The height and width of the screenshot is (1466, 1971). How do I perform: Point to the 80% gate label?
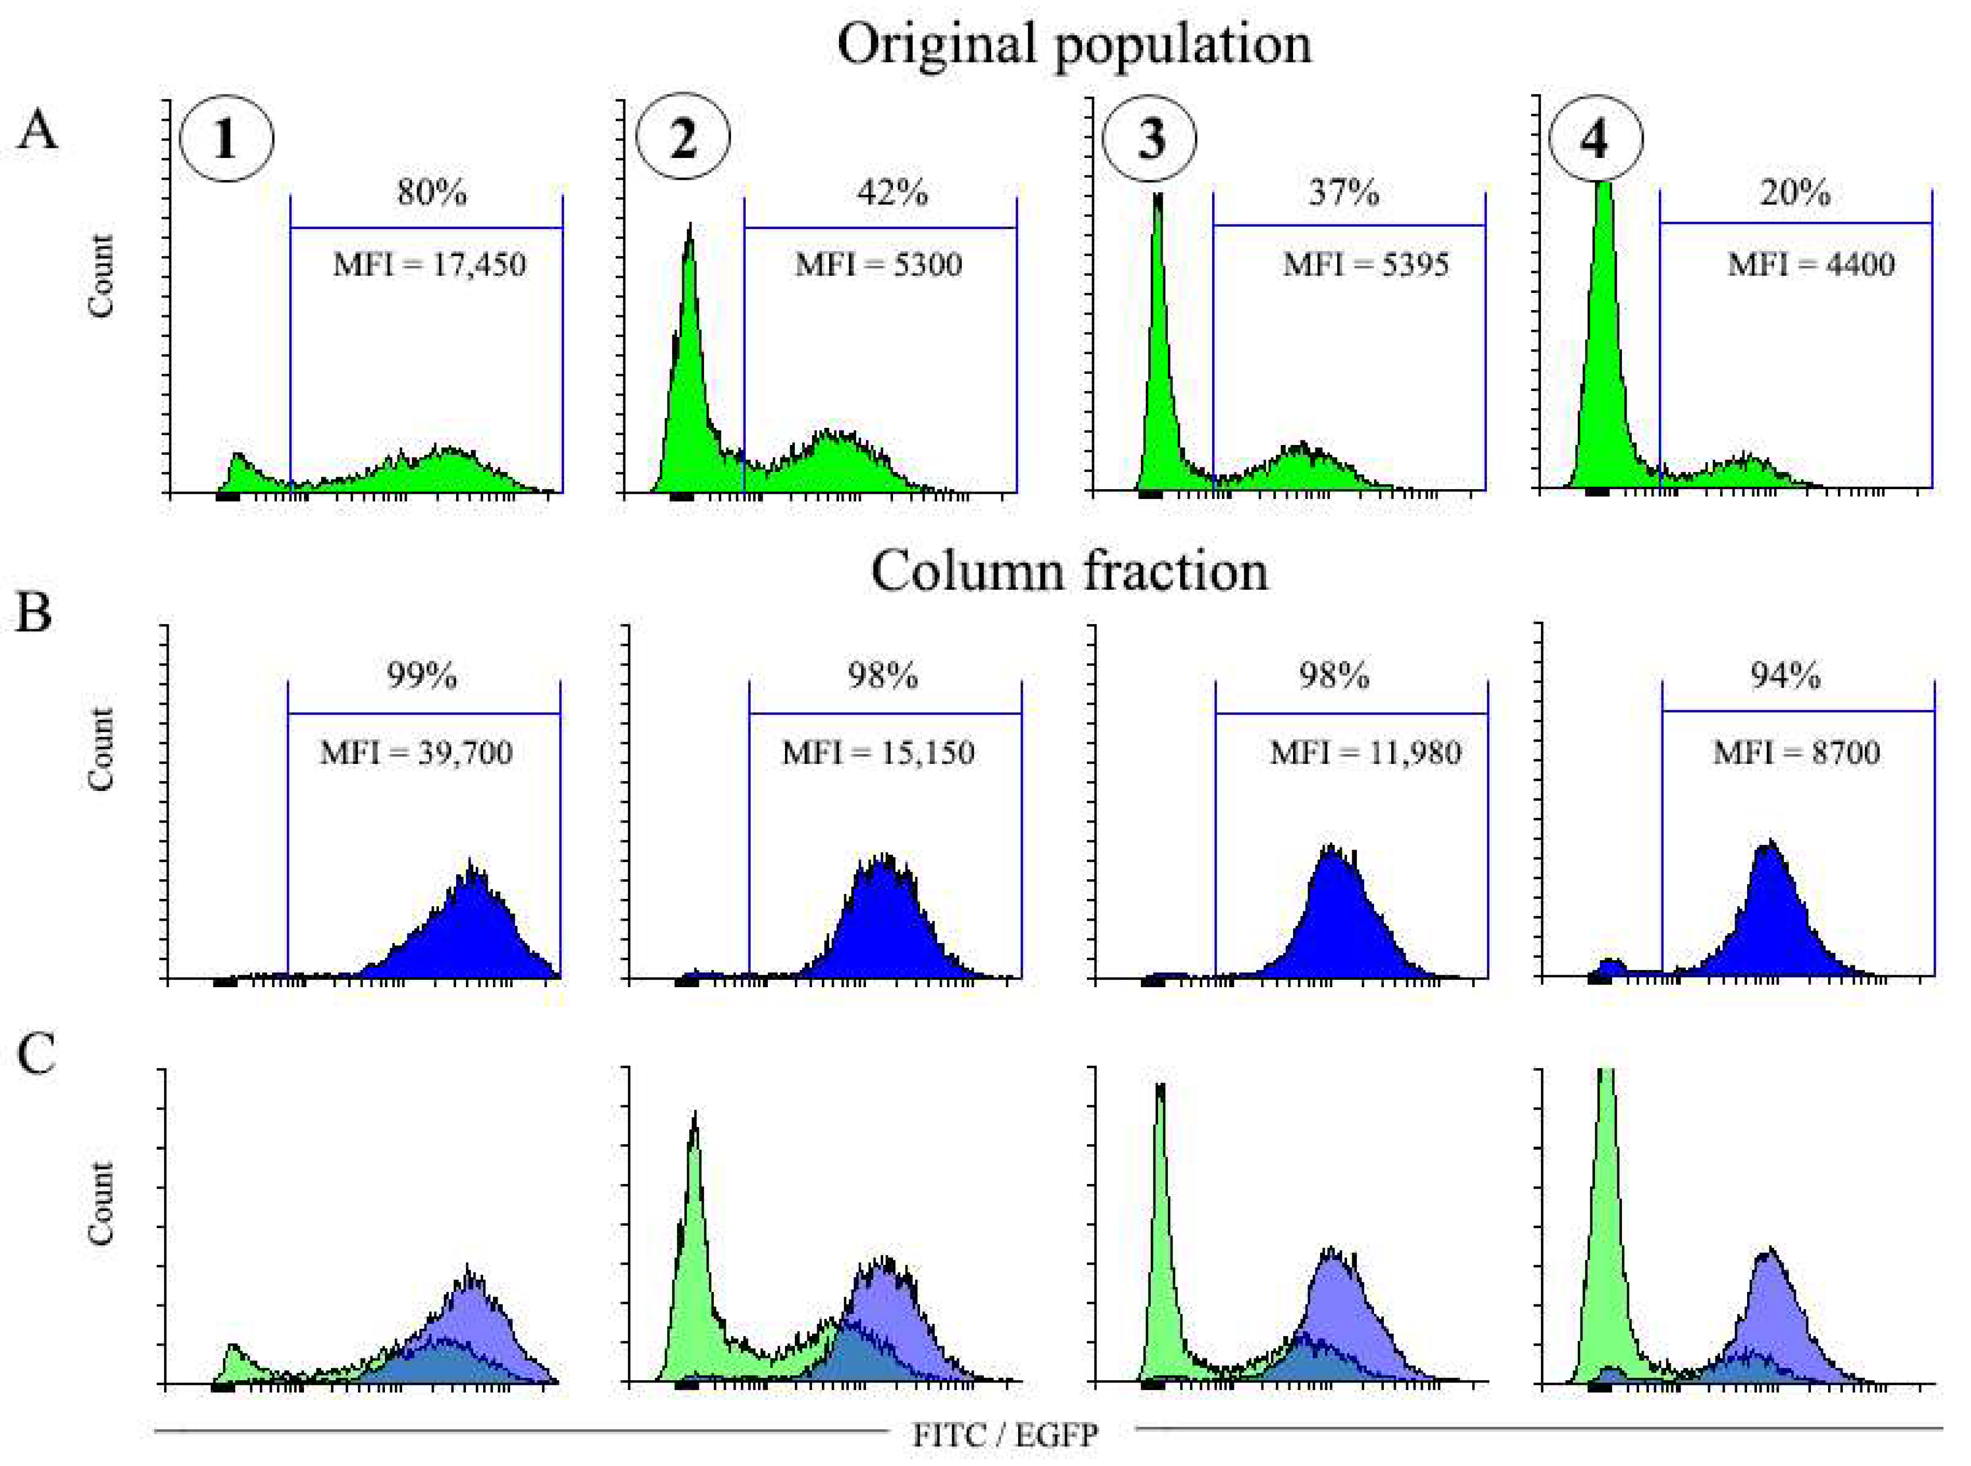(x=432, y=193)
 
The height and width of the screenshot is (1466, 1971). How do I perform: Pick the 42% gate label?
(x=893, y=193)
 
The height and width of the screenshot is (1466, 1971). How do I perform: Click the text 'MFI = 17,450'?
(x=430, y=264)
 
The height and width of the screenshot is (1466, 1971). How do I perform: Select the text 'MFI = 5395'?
(x=1365, y=264)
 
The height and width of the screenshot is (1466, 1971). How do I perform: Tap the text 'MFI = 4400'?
(x=1811, y=264)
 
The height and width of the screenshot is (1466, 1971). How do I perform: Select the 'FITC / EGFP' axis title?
(x=1005, y=1435)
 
